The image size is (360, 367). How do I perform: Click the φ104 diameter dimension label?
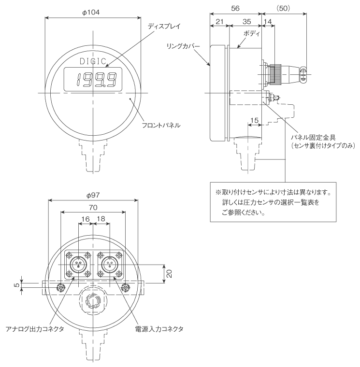coord(91,12)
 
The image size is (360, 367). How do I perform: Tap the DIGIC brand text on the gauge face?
coord(93,61)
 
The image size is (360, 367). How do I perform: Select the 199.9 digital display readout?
coord(96,79)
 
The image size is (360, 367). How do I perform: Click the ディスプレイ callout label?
coord(164,26)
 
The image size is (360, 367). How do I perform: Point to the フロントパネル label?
coord(161,126)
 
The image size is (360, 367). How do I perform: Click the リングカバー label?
coord(184,46)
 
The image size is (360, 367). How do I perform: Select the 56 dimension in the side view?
coord(235,8)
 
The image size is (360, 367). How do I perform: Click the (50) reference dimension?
coord(283,8)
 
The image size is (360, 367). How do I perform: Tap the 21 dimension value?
coord(219,22)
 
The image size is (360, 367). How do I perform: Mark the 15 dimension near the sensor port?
coord(254,120)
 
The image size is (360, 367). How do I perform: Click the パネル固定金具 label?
coord(314,138)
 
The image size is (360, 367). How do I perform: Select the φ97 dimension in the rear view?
coord(93,195)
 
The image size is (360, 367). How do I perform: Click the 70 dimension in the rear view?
coord(93,207)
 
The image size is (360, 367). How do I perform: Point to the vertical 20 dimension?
coord(169,274)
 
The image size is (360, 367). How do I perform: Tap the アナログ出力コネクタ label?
coord(35,329)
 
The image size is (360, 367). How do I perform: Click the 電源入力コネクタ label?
coord(159,329)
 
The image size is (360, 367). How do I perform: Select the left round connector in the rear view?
coord(78,265)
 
